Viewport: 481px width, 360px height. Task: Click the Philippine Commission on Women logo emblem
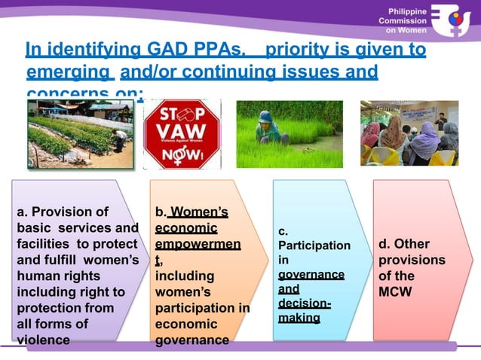coord(458,24)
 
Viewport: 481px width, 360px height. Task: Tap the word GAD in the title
coord(156,50)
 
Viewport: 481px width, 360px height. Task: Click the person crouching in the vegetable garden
coord(119,139)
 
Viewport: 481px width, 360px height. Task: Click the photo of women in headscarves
coord(409,133)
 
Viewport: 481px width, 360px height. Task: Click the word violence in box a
coord(43,340)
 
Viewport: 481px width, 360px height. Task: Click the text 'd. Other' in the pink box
coord(403,244)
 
